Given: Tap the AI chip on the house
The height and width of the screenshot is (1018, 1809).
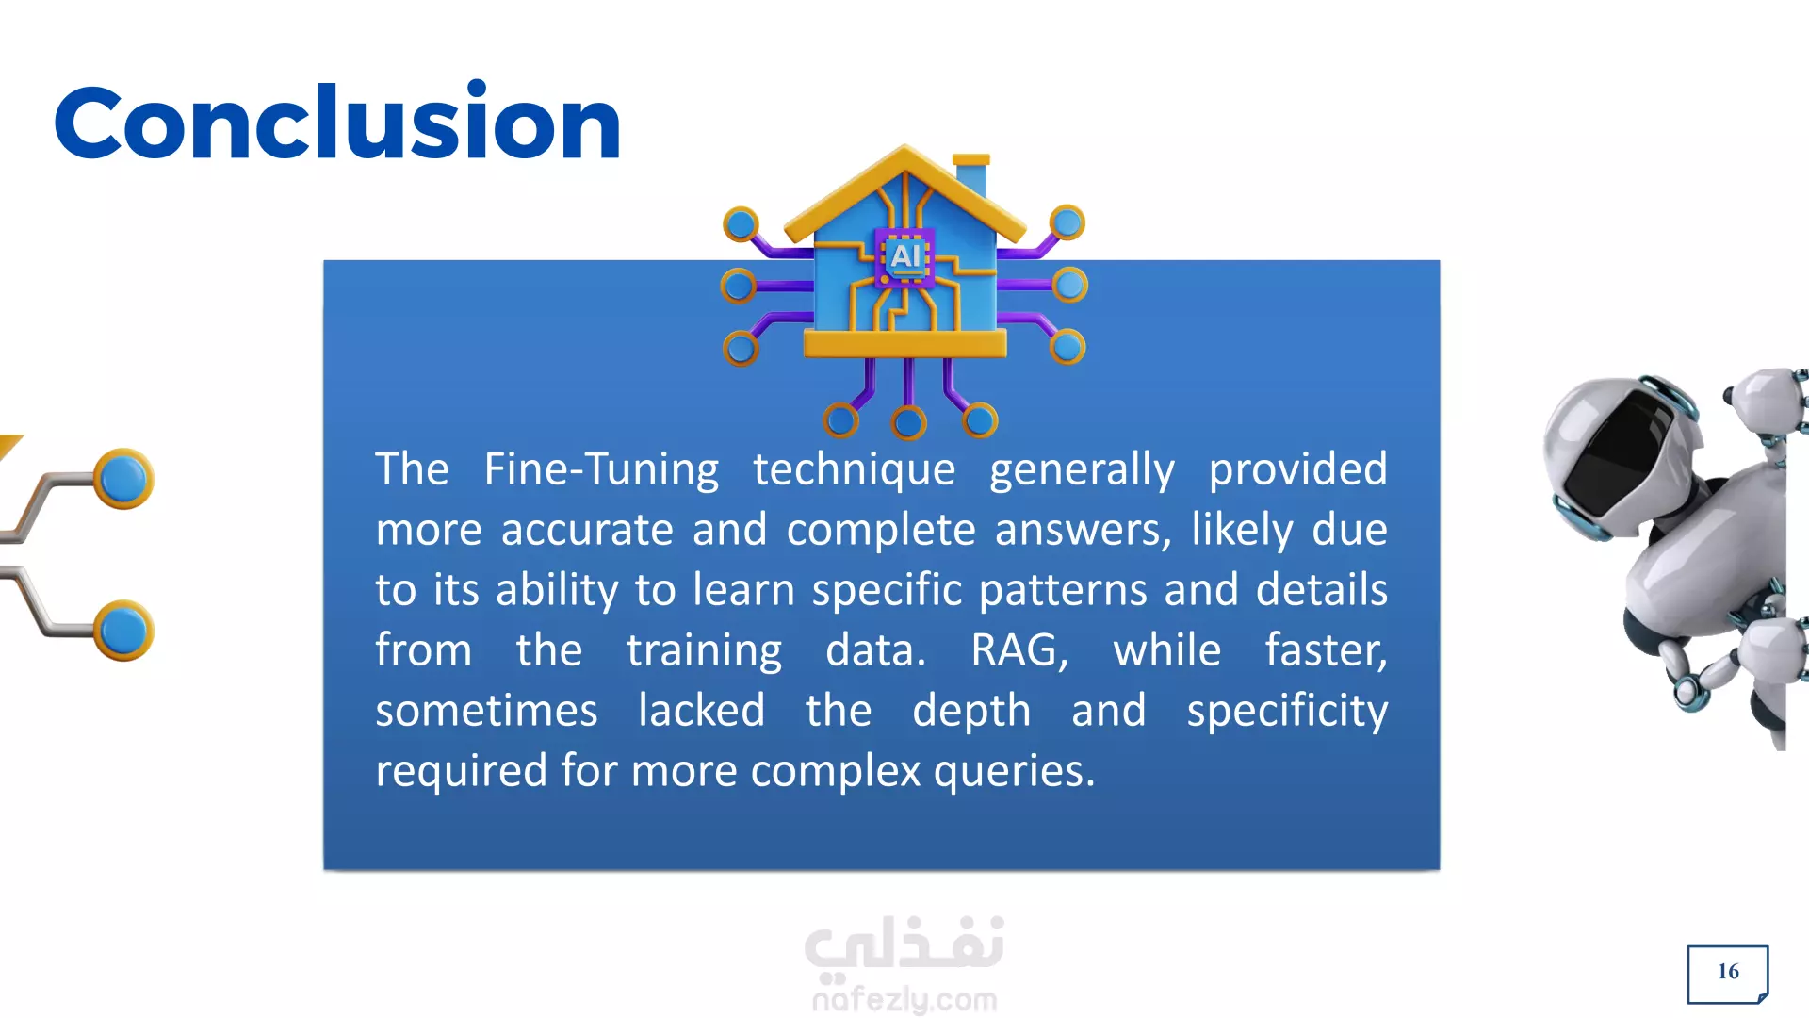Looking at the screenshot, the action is click(x=905, y=256).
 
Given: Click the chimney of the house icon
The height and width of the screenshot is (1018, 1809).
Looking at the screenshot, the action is click(x=970, y=174).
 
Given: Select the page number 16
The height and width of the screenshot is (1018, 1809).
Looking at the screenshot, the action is click(x=1728, y=972).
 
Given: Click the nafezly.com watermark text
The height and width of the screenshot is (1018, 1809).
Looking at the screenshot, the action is click(x=904, y=999).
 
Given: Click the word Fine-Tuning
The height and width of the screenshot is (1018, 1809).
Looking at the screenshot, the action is click(x=601, y=468).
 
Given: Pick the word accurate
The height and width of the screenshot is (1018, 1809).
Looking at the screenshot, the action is click(x=587, y=530).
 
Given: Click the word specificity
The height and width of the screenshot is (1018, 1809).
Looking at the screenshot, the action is click(x=1287, y=711).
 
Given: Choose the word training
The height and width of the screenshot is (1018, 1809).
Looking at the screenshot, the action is click(x=704, y=651).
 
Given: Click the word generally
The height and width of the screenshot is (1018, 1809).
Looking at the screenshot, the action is click(x=1082, y=470).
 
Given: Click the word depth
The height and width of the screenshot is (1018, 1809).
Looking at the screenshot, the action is click(x=971, y=711).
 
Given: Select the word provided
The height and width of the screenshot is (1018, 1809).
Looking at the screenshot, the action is click(x=1297, y=468).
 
